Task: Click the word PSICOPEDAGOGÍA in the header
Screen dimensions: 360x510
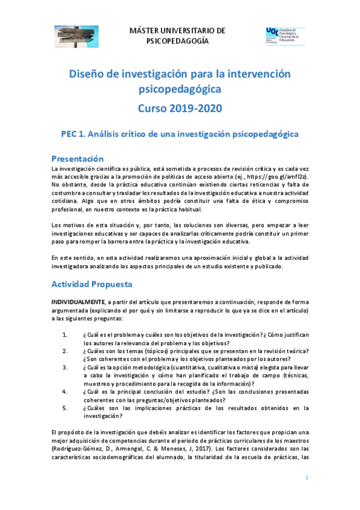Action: pos(178,41)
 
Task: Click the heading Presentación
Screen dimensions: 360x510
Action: pos(78,159)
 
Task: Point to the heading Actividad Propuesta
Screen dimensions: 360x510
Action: pos(91,283)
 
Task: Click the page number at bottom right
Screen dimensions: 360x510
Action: pos(307,477)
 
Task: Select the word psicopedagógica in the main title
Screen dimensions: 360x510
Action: pos(180,90)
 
